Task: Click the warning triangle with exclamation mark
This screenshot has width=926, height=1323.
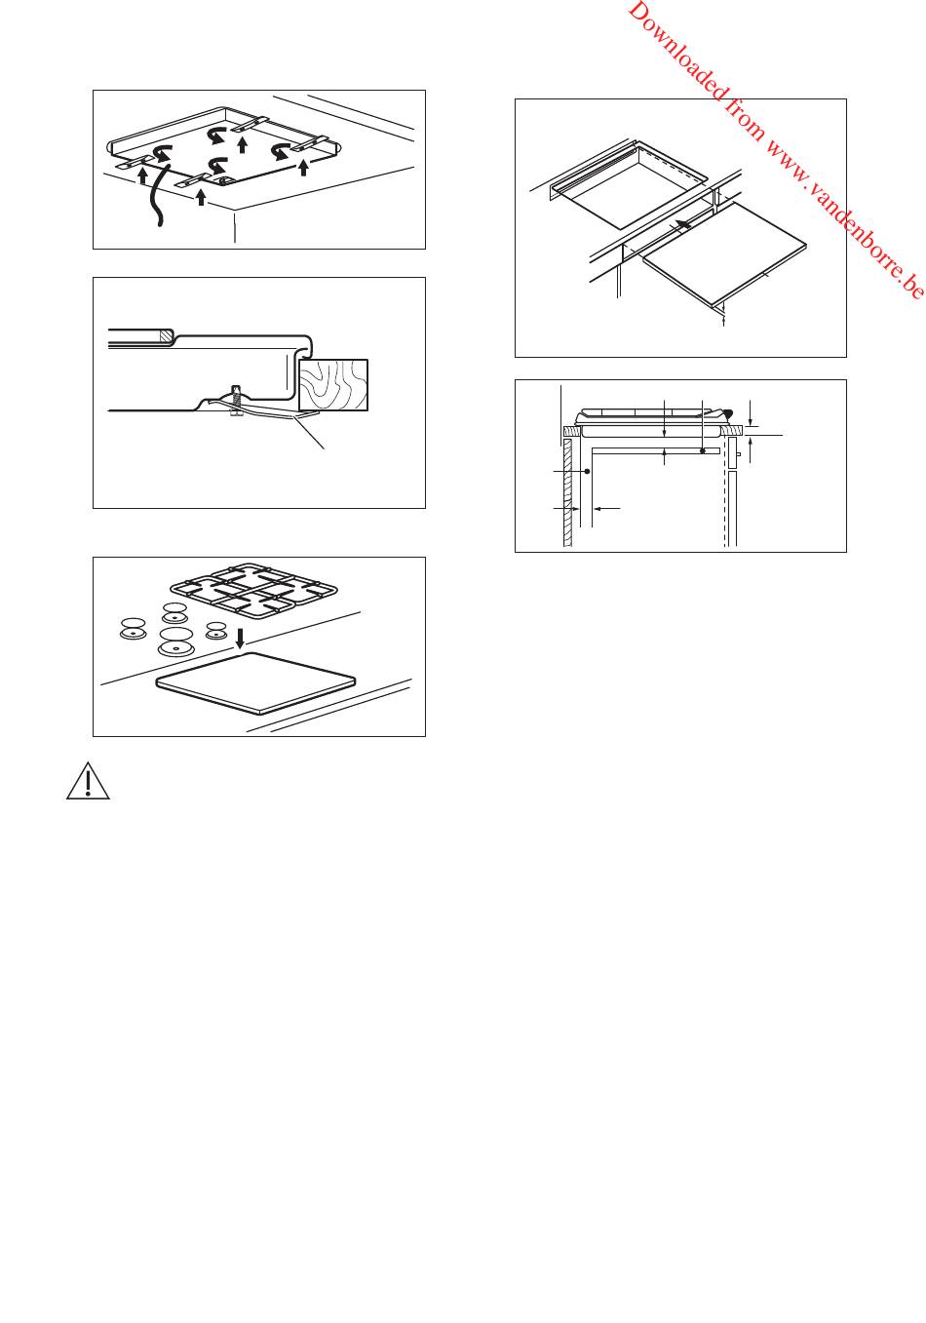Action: coord(88,781)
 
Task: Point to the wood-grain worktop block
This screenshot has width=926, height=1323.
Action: coord(333,384)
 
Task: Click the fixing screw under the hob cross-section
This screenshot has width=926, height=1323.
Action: coord(237,402)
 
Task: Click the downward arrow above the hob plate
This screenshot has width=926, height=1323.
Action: coord(239,638)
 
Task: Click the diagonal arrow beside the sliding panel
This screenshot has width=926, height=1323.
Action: coord(683,224)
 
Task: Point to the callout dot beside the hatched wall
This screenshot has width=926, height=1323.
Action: coord(587,471)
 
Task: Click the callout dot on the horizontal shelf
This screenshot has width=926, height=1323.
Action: coord(702,450)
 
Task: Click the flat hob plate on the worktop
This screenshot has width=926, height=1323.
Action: coord(255,683)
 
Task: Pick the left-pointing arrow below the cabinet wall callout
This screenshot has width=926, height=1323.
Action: coord(606,507)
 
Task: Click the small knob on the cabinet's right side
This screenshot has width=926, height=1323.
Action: coord(738,454)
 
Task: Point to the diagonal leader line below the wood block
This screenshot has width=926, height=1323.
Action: coord(309,431)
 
